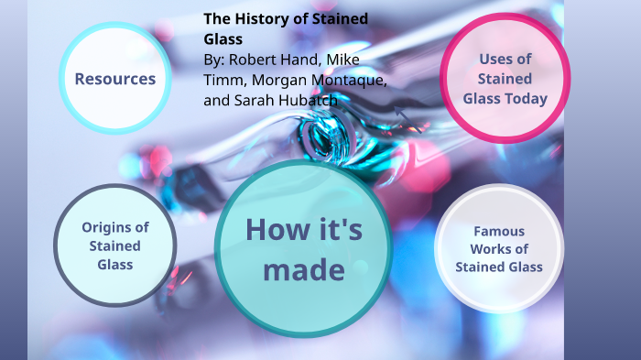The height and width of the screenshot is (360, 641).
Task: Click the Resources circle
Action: tap(115, 79)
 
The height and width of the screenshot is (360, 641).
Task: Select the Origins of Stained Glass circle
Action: tap(114, 245)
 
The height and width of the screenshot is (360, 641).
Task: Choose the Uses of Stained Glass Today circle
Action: tap(505, 78)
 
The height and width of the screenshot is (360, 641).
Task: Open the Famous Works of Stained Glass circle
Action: tap(498, 249)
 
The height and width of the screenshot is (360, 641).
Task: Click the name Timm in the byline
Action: tap(223, 80)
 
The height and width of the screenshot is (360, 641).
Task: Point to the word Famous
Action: tap(499, 231)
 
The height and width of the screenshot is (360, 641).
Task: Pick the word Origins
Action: tap(114, 227)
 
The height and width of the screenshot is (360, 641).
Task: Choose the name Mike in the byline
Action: tap(343, 60)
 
